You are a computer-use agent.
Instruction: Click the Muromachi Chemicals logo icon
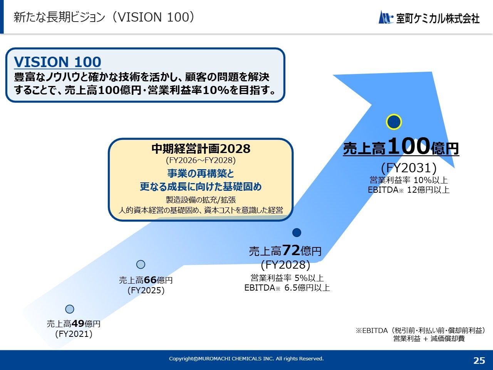tap(386, 17)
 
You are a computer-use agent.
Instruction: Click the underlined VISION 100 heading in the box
tap(57, 62)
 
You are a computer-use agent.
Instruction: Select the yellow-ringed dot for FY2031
tap(394, 122)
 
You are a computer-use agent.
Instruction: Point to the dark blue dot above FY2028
tap(297, 232)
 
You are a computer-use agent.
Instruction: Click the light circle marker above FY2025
tap(141, 264)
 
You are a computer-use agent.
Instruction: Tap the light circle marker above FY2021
tap(70, 309)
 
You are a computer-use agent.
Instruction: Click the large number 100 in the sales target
tap(409, 146)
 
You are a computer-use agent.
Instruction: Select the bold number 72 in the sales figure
tap(291, 250)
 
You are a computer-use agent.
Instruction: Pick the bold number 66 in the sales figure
tap(150, 280)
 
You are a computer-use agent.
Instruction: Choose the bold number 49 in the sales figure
tap(78, 323)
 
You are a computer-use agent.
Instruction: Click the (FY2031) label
tap(409, 168)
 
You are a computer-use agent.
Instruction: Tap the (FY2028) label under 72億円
tap(285, 265)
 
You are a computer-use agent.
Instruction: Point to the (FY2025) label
tap(146, 290)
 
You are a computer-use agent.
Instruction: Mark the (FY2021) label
tap(74, 334)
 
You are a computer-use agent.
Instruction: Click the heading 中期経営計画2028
tap(201, 148)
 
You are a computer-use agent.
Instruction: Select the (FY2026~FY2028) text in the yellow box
tap(201, 160)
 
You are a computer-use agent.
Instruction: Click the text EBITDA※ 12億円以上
tap(409, 190)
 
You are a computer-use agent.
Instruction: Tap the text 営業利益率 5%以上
tap(287, 278)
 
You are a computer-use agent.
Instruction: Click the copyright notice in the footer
tap(246, 359)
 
